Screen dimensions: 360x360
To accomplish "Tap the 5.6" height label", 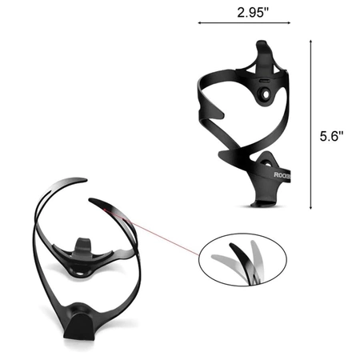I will [x=332, y=136].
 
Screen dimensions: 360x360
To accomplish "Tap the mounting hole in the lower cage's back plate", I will [x=80, y=271].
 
